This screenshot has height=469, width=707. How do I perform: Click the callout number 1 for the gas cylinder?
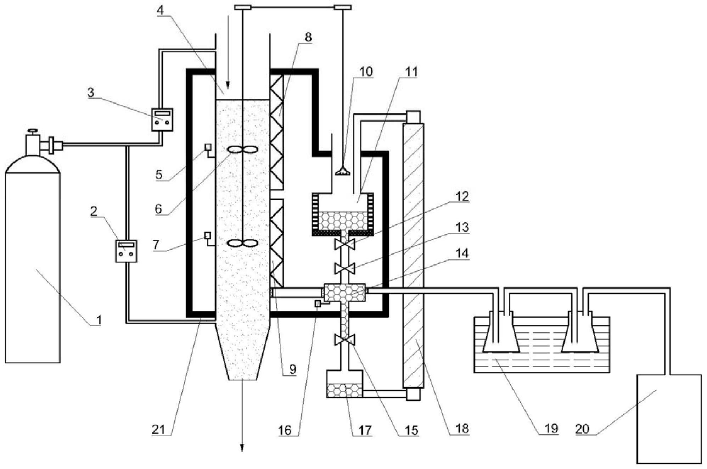99,320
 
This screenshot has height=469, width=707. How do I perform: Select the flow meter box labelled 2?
126,251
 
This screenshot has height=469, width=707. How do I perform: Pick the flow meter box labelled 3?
162,119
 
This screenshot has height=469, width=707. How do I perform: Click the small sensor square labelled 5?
208,146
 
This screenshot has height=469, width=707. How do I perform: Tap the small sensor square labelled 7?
208,235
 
